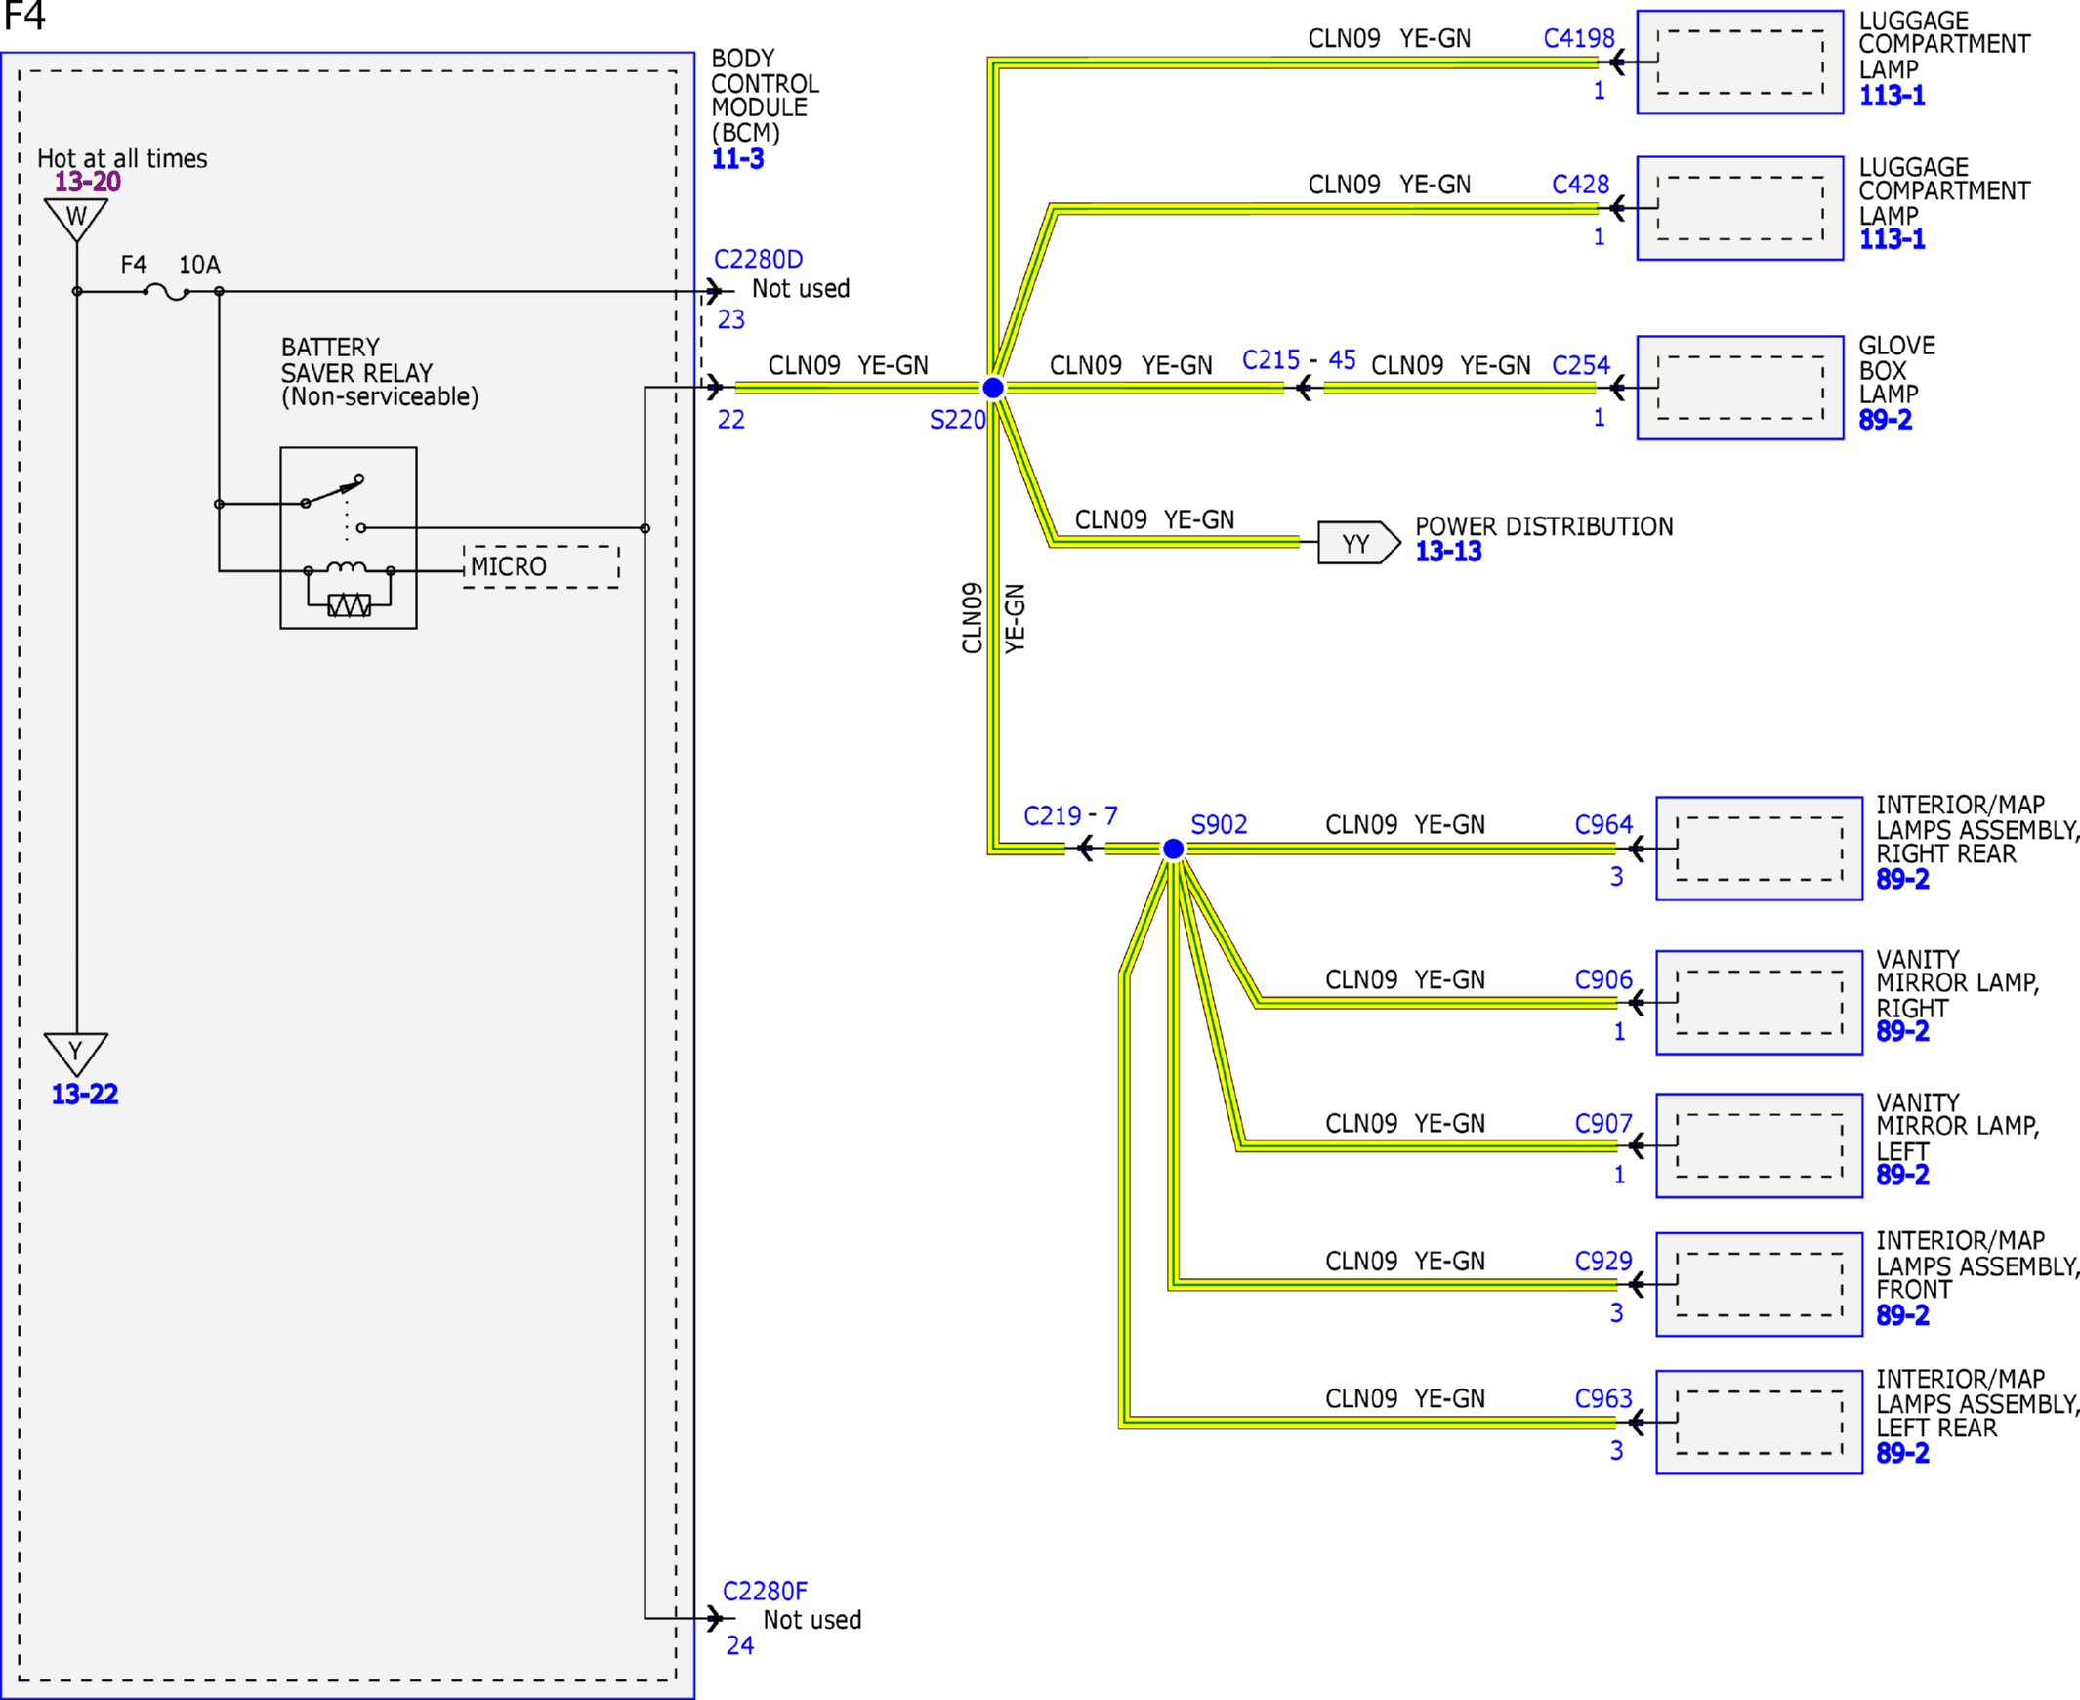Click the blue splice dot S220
tap(993, 388)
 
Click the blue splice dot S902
tap(1172, 848)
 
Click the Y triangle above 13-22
tap(76, 1054)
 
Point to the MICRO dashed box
tap(541, 567)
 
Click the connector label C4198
tap(1579, 38)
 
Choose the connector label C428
tap(1581, 185)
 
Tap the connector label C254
tap(1581, 365)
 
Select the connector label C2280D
tap(758, 260)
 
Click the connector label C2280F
tap(765, 1592)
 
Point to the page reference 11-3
tap(737, 158)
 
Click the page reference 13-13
tap(1448, 552)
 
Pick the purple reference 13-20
tap(87, 182)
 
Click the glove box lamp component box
tap(1740, 388)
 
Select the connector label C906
tap(1603, 979)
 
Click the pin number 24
tap(739, 1645)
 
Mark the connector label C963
tap(1603, 1398)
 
